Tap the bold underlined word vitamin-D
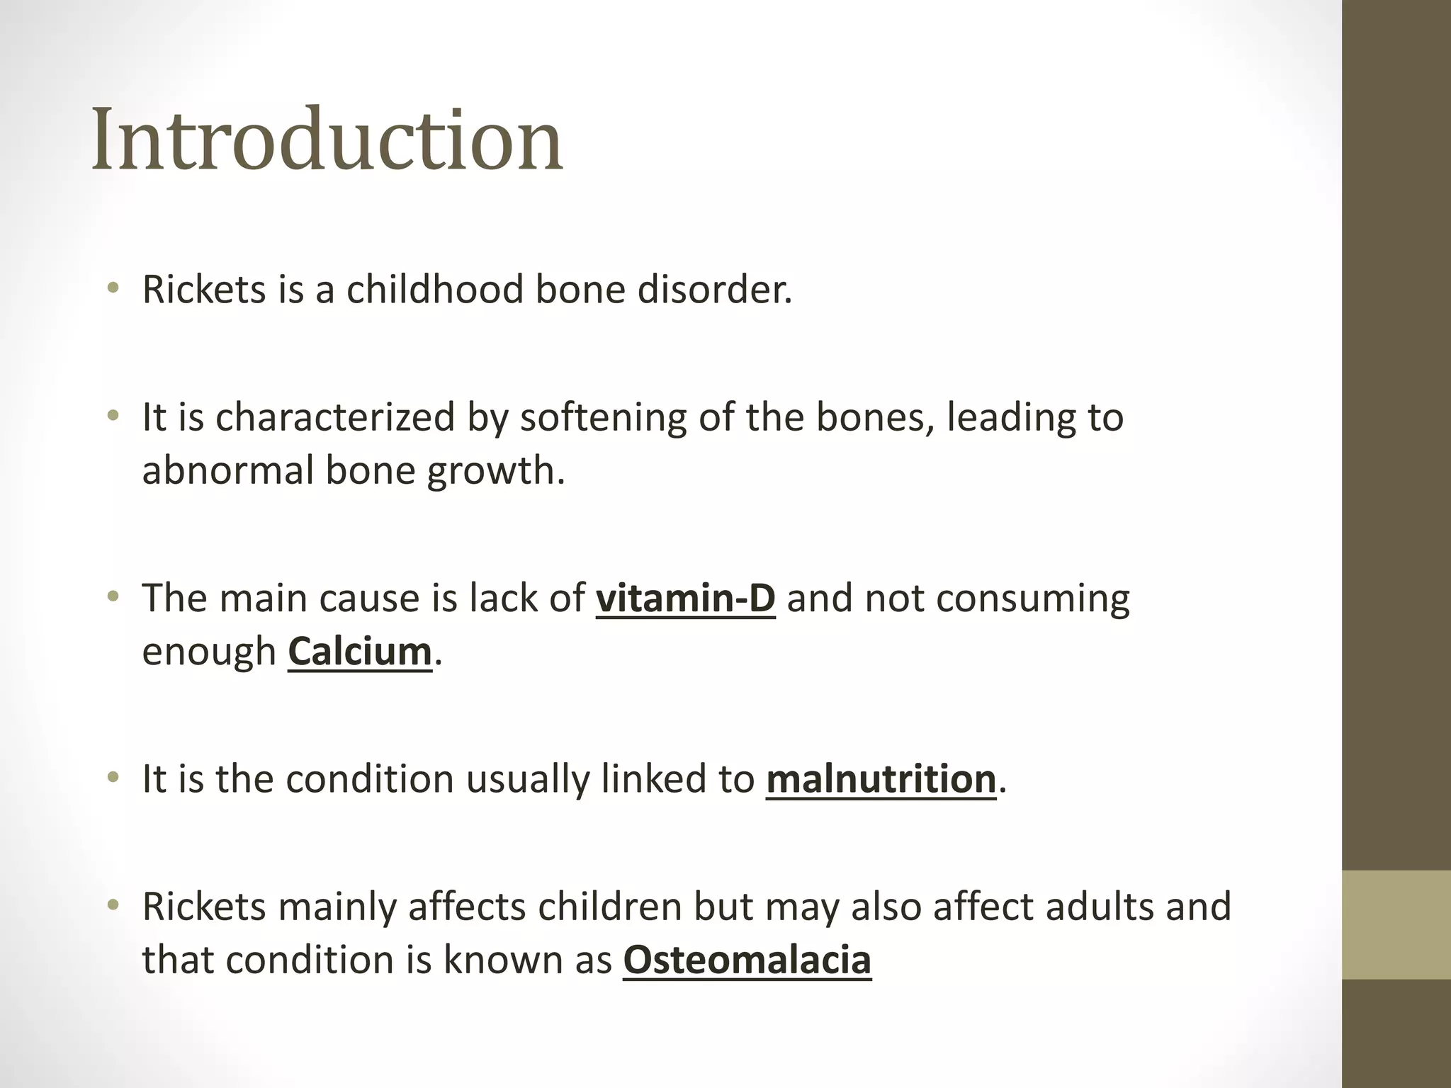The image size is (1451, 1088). (685, 598)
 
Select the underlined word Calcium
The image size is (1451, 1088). (359, 651)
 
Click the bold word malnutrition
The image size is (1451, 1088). (881, 778)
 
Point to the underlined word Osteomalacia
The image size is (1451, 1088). (747, 960)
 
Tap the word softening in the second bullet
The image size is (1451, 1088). (603, 416)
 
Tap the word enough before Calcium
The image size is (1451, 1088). (209, 652)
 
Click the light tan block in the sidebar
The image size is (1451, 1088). (1396, 925)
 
